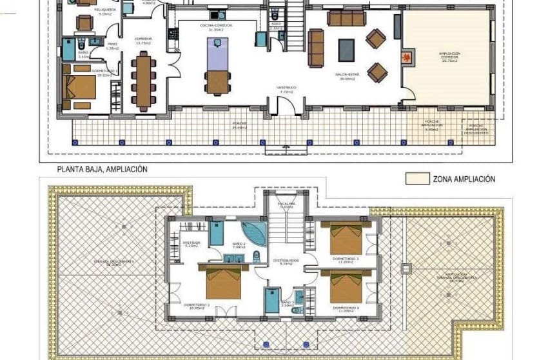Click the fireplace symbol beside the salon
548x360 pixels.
click(x=407, y=57)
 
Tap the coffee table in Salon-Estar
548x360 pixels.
click(x=346, y=50)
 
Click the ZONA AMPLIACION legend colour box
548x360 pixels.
click(x=417, y=179)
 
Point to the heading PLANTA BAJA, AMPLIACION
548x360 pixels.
click(x=102, y=169)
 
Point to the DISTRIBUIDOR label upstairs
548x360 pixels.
click(x=284, y=261)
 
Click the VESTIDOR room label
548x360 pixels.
click(x=191, y=243)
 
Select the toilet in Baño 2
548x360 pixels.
click(x=257, y=257)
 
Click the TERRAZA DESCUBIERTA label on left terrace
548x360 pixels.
click(x=116, y=262)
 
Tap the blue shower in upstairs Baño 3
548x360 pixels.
click(x=272, y=299)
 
